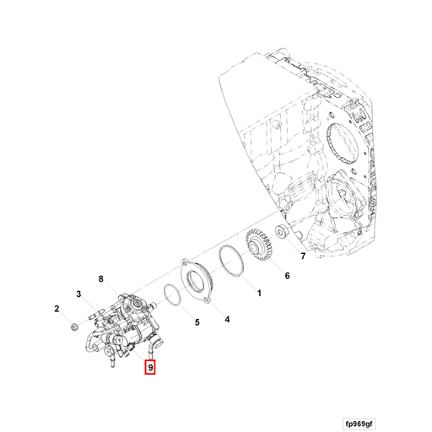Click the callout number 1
(x=259, y=294)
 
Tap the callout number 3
(x=78, y=294)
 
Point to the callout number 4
(x=226, y=320)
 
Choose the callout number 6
(x=286, y=275)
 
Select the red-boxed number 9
(x=149, y=368)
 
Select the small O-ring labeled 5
(x=170, y=294)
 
